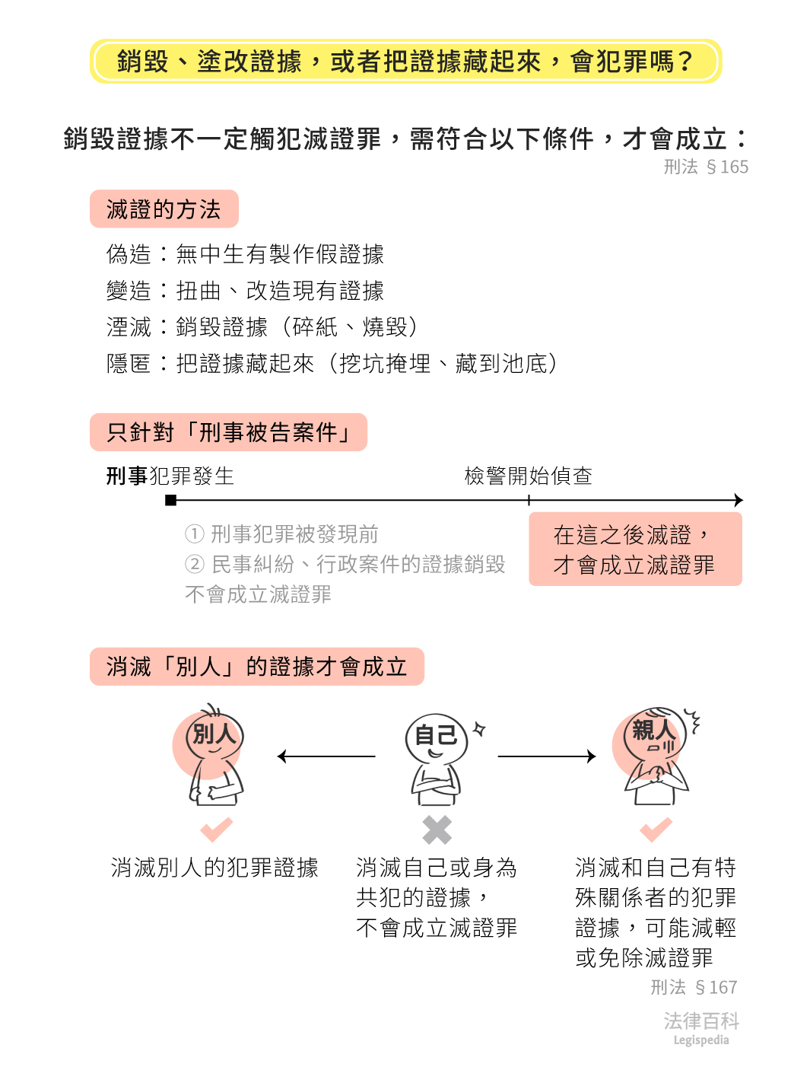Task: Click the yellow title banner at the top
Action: point(405,61)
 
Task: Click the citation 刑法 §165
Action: point(706,167)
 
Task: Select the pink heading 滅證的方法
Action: point(164,209)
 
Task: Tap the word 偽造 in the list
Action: point(129,254)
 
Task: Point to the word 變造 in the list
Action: point(129,291)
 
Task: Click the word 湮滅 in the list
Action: point(129,327)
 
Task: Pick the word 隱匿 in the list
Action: point(129,364)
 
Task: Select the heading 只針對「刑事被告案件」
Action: point(228,432)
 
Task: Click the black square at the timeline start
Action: point(171,500)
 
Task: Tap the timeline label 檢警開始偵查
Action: point(528,476)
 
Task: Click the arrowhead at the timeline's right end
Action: point(738,500)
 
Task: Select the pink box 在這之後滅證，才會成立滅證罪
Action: point(635,549)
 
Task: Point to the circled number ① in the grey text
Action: point(195,534)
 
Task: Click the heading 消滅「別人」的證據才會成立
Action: point(256,667)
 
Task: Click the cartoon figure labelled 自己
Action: point(436,758)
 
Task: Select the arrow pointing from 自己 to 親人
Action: point(546,756)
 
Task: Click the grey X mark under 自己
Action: point(437,830)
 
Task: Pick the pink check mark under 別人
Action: point(216,829)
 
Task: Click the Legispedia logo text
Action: point(700,1040)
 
